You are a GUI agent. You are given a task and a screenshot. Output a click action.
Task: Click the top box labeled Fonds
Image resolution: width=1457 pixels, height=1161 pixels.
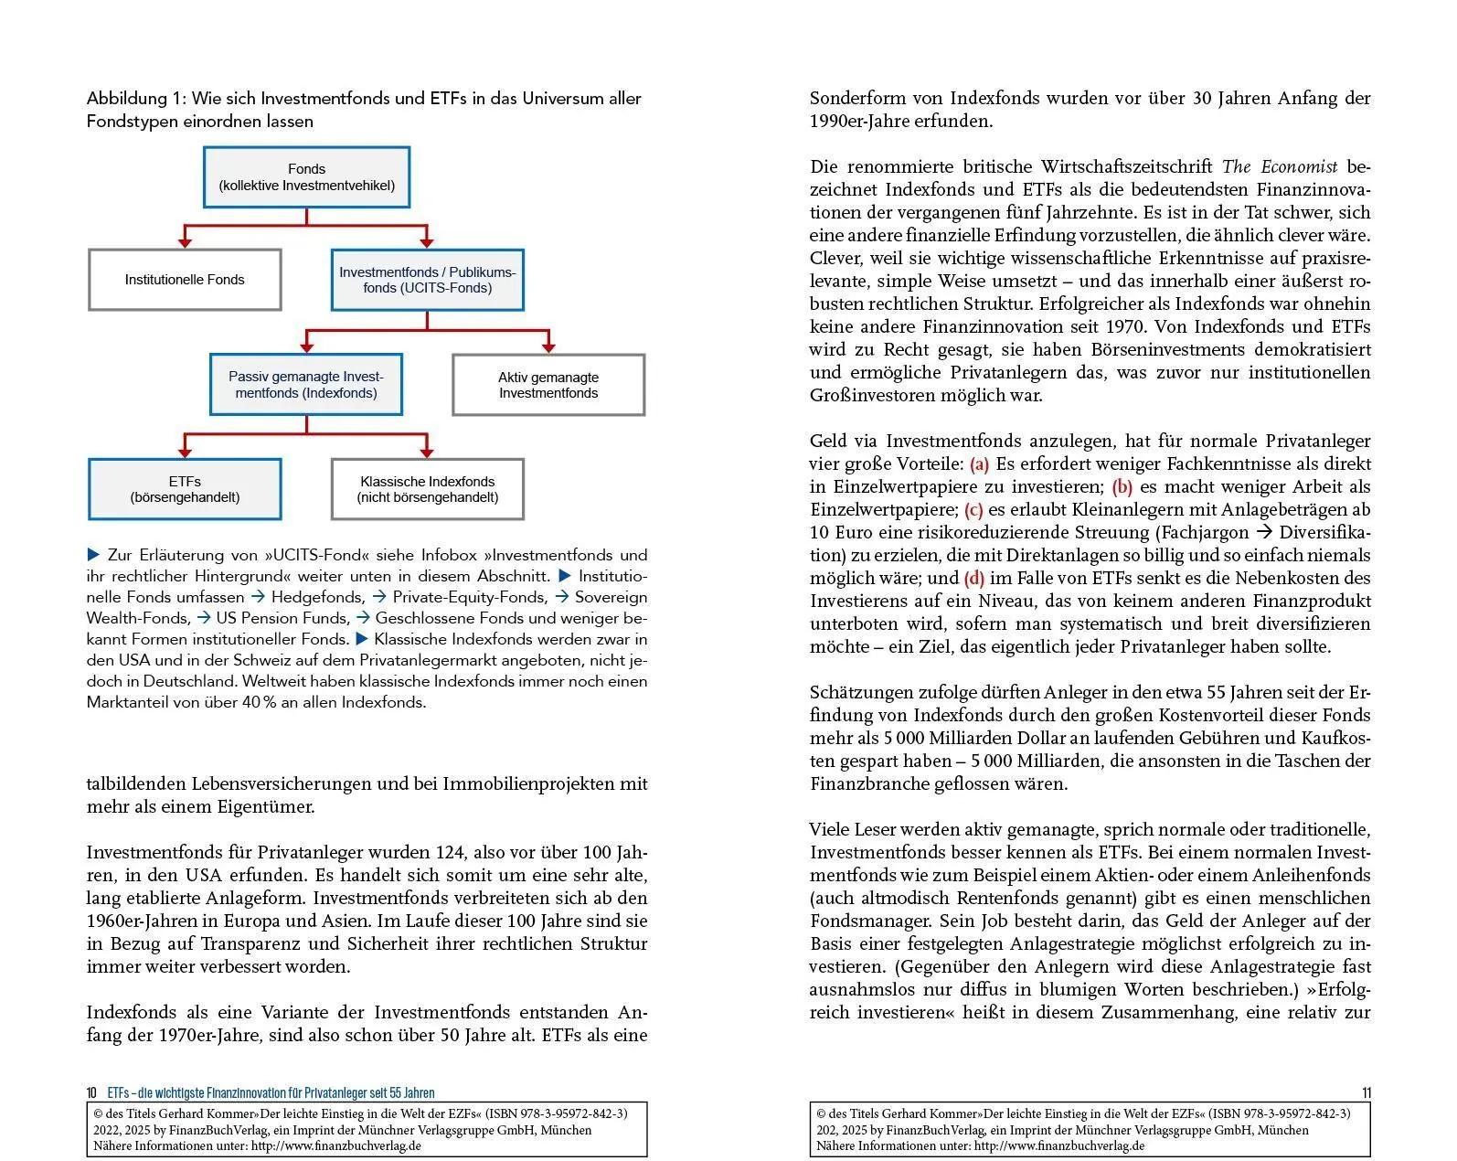point(306,177)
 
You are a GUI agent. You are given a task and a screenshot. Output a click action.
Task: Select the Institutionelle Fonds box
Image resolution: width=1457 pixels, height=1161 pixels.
point(185,280)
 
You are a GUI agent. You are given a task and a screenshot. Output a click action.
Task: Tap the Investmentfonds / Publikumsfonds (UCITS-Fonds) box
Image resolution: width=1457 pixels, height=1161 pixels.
point(427,280)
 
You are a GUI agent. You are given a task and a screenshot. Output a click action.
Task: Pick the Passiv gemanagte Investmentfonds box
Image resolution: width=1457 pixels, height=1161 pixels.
point(306,385)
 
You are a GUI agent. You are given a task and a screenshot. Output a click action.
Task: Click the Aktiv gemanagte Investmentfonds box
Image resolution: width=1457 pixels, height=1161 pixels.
point(548,385)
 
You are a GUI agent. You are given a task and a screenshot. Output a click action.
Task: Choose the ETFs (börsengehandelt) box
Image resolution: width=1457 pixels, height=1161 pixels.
point(185,489)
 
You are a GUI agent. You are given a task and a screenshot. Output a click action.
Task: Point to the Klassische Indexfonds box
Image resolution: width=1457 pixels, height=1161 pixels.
point(427,489)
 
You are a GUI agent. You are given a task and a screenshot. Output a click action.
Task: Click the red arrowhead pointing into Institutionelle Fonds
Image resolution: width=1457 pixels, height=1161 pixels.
point(185,242)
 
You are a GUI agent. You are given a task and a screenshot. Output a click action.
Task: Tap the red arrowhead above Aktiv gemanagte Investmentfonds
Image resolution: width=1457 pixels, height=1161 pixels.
point(548,347)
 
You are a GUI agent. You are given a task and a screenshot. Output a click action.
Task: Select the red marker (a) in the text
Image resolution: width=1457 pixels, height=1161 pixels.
point(979,464)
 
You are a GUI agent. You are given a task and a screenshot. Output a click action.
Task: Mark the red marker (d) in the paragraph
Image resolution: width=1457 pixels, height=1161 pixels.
point(973,579)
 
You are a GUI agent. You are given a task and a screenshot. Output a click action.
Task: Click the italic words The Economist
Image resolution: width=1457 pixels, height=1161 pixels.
point(1280,167)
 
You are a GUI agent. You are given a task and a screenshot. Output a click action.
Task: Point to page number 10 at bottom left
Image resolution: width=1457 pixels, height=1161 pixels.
point(91,1093)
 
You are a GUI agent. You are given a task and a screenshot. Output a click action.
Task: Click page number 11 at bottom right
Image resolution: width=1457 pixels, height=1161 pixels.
point(1366,1093)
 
